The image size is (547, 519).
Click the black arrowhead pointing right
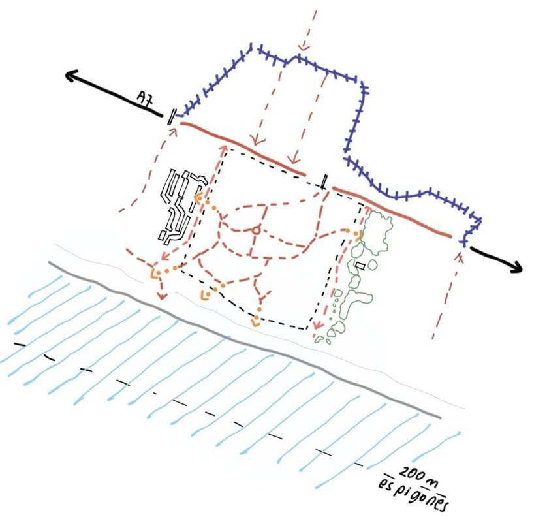pyautogui.click(x=516, y=266)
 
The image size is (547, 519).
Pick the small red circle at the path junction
pyautogui.click(x=256, y=230)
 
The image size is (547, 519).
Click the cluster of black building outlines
pyautogui.click(x=181, y=206)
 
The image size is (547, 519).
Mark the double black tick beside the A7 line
pyautogui.click(x=171, y=116)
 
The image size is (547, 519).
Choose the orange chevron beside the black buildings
pyautogui.click(x=197, y=198)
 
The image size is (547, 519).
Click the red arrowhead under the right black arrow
pyautogui.click(x=460, y=257)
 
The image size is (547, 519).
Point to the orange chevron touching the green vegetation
pyautogui.click(x=358, y=235)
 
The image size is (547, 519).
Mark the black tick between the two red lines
pyautogui.click(x=324, y=181)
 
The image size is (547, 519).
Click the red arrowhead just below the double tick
pyautogui.click(x=173, y=132)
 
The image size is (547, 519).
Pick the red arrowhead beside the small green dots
pyautogui.click(x=317, y=325)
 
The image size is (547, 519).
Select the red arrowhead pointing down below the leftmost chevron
pyautogui.click(x=161, y=296)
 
